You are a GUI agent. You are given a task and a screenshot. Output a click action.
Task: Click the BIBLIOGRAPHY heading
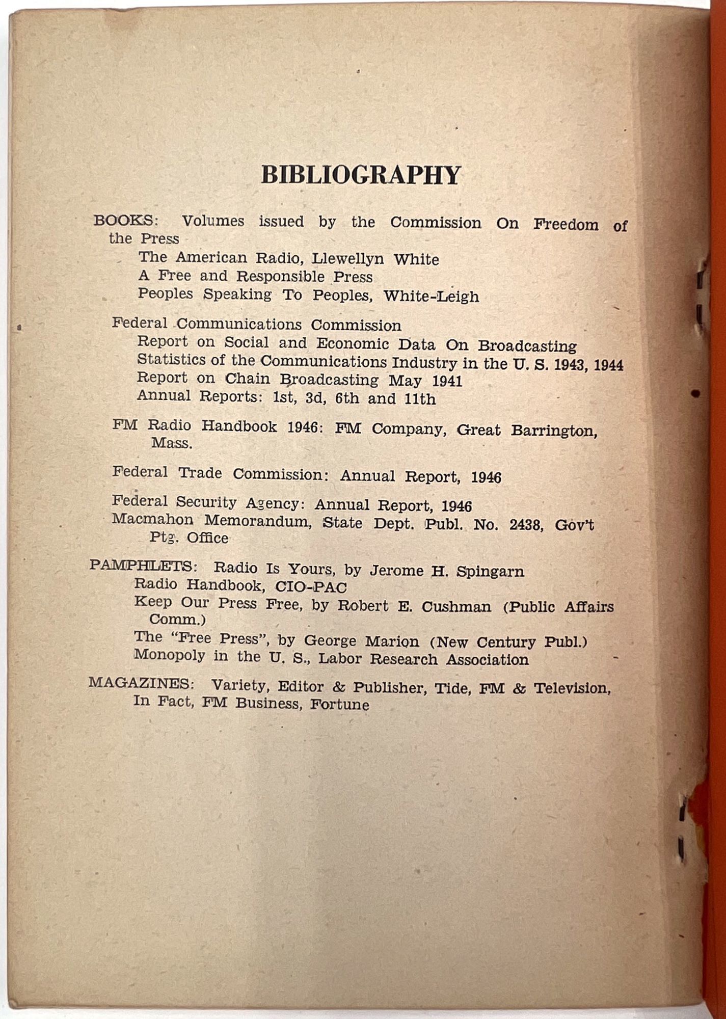tap(361, 175)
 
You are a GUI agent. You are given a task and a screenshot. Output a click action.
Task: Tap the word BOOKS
tap(124, 221)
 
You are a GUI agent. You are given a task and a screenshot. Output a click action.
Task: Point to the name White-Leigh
tap(431, 296)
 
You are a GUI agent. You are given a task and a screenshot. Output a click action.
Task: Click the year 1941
tap(447, 381)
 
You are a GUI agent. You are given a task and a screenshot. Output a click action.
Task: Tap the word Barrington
tap(553, 431)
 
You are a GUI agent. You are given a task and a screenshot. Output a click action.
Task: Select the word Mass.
tap(172, 443)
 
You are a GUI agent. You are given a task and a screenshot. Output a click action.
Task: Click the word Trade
tap(200, 473)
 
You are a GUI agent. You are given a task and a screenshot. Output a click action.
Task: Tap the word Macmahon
tap(152, 520)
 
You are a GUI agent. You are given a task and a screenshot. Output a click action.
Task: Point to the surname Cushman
tap(456, 606)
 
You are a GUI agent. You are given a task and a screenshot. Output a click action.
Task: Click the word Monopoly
tap(169, 655)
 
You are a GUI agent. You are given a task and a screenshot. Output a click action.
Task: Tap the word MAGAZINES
tap(140, 683)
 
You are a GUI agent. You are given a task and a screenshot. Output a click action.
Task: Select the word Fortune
tap(340, 705)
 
